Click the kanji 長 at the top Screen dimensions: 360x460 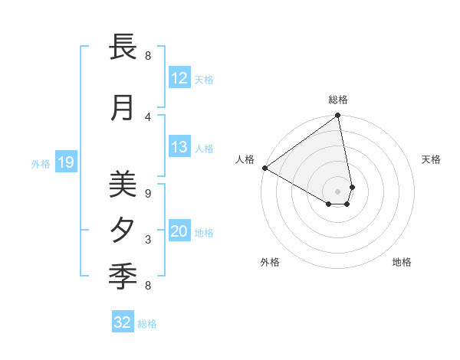pyautogui.click(x=123, y=47)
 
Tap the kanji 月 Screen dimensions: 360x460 pyautogui.click(x=123, y=108)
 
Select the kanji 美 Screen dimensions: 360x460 pyautogui.click(x=123, y=184)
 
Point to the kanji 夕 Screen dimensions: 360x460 pyautogui.click(x=123, y=230)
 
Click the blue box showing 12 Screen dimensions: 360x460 pyautogui.click(x=179, y=78)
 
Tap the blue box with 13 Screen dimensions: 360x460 pyautogui.click(x=179, y=147)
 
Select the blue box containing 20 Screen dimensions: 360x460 pyautogui.click(x=179, y=231)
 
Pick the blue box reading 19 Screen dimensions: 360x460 pyautogui.click(x=65, y=162)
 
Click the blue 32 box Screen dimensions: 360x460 pyautogui.click(x=123, y=322)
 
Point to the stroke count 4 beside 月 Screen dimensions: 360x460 pyautogui.click(x=148, y=116)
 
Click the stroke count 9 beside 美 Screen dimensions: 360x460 pyautogui.click(x=148, y=193)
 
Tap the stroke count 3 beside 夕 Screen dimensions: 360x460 pyautogui.click(x=148, y=240)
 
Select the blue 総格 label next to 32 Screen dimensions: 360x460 pyautogui.click(x=148, y=324)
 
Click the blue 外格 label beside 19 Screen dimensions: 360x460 pyautogui.click(x=41, y=163)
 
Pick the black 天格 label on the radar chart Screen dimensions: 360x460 pyautogui.click(x=431, y=159)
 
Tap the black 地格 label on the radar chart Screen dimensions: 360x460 pyautogui.click(x=402, y=263)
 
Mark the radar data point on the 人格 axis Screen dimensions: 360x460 pyautogui.click(x=264, y=168)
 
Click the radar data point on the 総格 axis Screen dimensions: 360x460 pyautogui.click(x=338, y=116)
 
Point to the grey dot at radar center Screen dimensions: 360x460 pyautogui.click(x=337, y=191)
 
